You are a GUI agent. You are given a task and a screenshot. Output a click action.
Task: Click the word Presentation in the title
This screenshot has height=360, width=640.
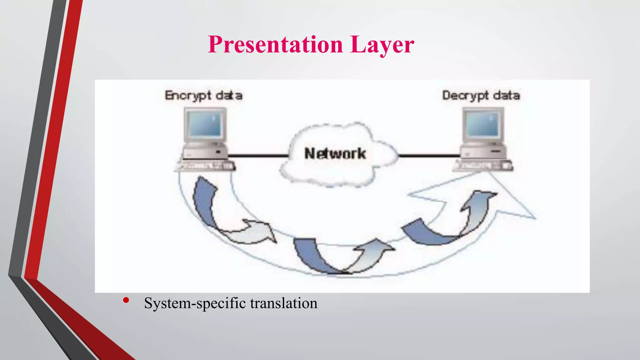click(275, 45)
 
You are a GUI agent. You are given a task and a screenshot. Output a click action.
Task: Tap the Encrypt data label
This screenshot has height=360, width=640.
click(203, 95)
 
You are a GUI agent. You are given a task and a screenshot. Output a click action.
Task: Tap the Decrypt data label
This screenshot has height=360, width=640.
click(481, 95)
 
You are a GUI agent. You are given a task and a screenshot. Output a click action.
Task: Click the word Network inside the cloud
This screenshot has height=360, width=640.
click(335, 153)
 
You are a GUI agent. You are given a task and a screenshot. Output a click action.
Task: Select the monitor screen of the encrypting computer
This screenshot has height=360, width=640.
click(205, 124)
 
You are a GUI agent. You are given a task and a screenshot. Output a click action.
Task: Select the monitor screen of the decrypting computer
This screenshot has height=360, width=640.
click(483, 124)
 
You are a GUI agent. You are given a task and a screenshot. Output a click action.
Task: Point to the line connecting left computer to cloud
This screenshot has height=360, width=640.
click(258, 155)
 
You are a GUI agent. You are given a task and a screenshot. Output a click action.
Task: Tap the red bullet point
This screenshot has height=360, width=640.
click(126, 300)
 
